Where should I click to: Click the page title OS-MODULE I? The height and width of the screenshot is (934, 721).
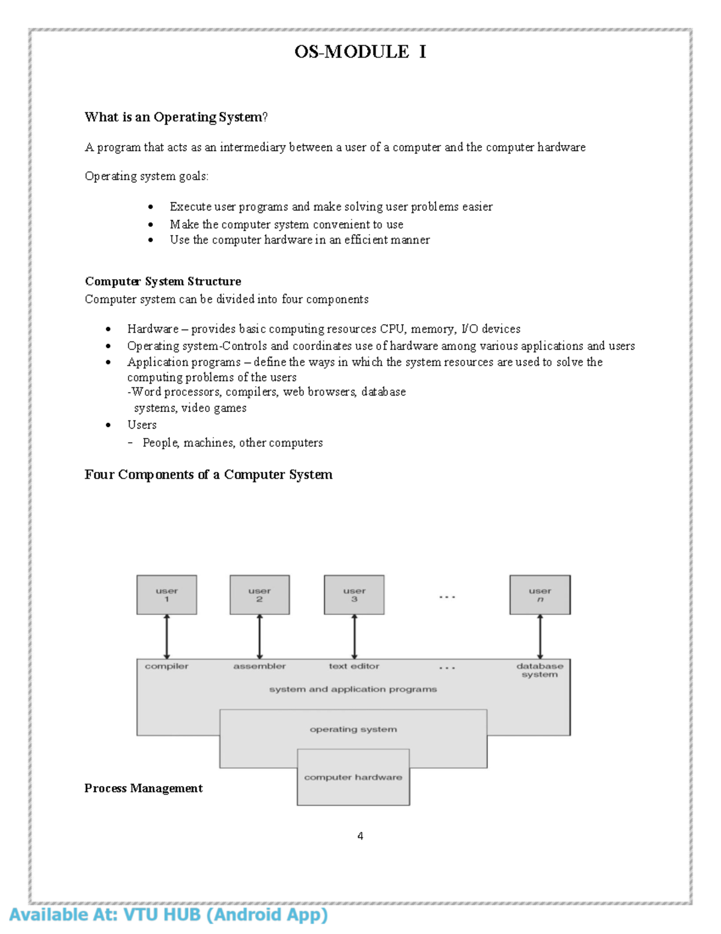tap(360, 52)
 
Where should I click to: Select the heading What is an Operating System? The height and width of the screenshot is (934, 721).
tap(176, 117)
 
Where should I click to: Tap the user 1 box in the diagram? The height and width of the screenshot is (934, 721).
tap(166, 595)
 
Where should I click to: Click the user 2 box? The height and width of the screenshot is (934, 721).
tap(260, 595)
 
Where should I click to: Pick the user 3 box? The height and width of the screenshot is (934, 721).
tap(354, 595)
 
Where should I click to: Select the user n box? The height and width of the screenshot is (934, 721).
tap(540, 595)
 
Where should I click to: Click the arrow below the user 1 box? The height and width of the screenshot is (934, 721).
tap(166, 636)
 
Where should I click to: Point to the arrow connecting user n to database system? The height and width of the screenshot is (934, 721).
tap(540, 636)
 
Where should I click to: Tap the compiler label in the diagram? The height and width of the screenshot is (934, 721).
tap(166, 666)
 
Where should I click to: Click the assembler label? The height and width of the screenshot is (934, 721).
tap(260, 666)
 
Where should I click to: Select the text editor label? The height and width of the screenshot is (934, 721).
tap(354, 666)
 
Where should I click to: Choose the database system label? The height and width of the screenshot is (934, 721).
tap(540, 670)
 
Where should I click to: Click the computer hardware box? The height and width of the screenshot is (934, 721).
tap(353, 778)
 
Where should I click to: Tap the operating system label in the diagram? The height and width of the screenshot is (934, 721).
tap(353, 730)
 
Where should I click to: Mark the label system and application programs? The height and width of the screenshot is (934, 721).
tap(353, 689)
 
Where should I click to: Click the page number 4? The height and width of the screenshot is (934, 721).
tap(360, 836)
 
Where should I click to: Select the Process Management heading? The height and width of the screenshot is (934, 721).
tap(144, 788)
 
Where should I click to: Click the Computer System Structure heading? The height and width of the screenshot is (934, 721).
tap(163, 281)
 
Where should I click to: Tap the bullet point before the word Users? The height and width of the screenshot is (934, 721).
tap(108, 425)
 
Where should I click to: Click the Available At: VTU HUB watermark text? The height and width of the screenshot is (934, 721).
tap(169, 915)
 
